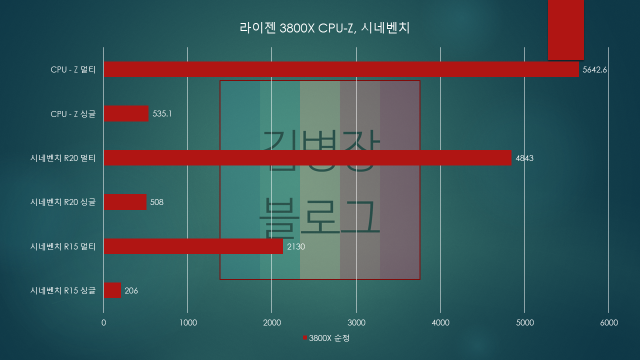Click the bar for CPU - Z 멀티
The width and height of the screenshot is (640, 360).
pos(340,69)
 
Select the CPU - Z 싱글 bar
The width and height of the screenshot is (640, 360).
pos(126,113)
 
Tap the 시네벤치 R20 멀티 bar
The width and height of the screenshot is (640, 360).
pos(307,158)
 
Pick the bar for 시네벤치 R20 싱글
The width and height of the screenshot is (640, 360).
pos(125,202)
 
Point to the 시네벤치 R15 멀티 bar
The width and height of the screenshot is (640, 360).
pos(193,246)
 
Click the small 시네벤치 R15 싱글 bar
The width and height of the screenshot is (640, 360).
pos(112,290)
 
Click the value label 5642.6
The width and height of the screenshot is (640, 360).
pos(594,70)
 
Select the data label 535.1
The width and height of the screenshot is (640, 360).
pos(162,114)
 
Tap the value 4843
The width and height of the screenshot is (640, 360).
pos(524,158)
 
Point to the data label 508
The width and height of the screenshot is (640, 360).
pos(157,202)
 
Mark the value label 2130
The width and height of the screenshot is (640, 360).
pos(296,246)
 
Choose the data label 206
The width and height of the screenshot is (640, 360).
pos(131,290)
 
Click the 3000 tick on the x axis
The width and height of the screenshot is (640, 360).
pos(356,323)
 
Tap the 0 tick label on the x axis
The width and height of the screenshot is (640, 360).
pos(103,323)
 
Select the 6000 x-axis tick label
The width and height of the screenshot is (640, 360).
pos(608,323)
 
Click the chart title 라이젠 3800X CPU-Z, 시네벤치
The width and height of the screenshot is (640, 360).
pos(325,28)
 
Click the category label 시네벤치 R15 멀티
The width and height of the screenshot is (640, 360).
pos(63,246)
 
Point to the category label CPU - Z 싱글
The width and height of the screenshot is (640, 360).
pos(73,114)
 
